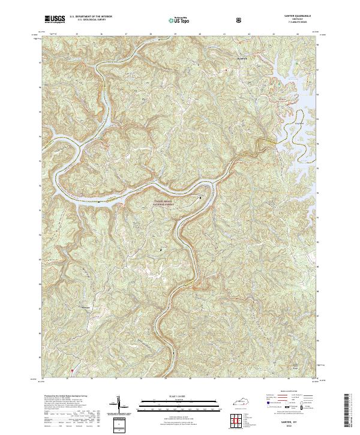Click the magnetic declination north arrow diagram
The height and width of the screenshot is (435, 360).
[x=118, y=403]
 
